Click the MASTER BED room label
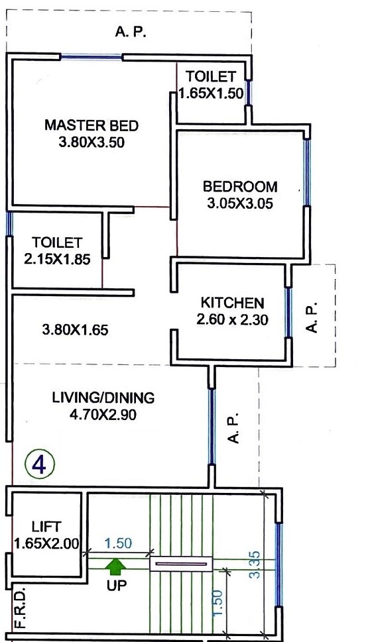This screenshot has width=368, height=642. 92,125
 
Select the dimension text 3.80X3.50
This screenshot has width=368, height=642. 92,141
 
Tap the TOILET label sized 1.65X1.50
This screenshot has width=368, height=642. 210,76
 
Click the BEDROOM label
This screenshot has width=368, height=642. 240,186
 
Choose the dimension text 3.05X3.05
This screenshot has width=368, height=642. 240,203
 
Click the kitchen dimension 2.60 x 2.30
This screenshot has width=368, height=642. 232,319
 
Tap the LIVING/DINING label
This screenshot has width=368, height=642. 103,398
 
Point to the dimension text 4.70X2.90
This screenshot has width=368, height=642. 103,415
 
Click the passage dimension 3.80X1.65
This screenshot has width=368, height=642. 75,329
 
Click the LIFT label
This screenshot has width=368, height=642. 46,527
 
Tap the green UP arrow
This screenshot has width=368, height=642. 117,566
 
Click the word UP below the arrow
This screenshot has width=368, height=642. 117,586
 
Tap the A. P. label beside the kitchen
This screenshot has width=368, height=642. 314,318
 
